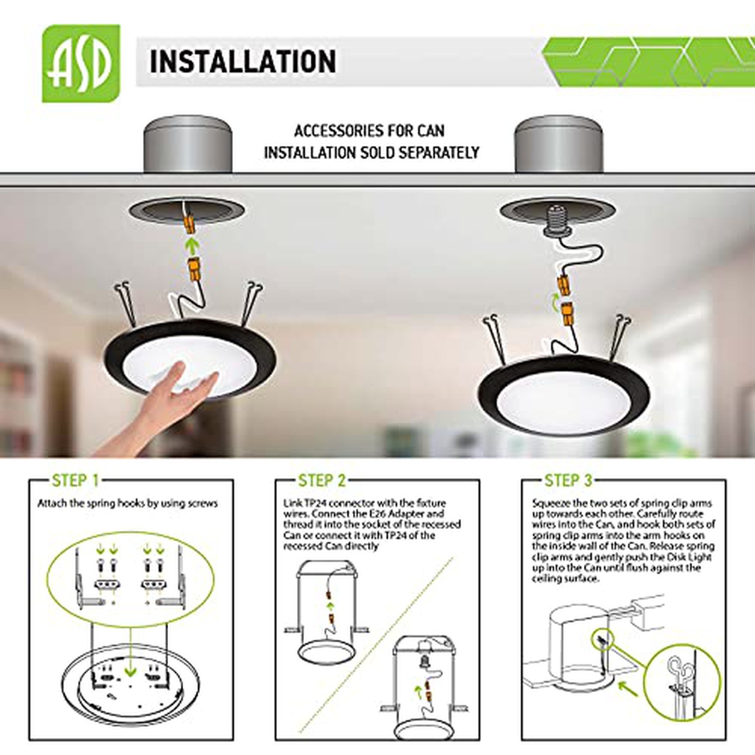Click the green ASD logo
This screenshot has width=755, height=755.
81,64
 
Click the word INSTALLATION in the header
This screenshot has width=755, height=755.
243,62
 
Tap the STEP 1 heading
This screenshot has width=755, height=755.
75,480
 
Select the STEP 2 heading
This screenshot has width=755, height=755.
322,480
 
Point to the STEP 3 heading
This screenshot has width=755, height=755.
568,480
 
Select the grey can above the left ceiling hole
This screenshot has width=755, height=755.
187,144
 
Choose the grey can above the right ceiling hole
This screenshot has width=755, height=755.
559,144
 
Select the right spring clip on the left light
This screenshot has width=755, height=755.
251,304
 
